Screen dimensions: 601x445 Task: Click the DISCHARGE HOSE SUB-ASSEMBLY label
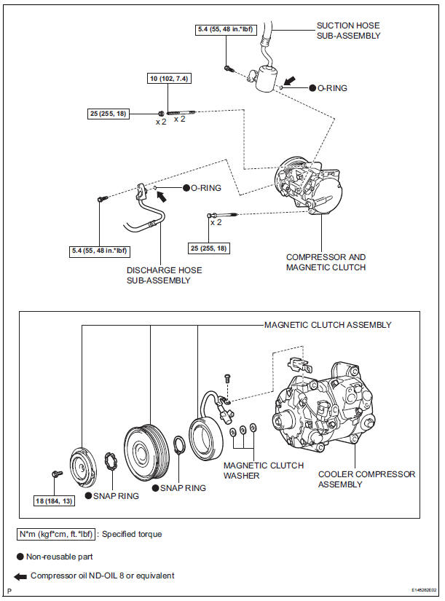pos(164,275)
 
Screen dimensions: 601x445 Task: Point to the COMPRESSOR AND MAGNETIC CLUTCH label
pos(326,262)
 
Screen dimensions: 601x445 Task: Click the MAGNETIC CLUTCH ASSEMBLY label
pos(327,325)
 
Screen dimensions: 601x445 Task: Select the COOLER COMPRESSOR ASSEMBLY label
pos(366,479)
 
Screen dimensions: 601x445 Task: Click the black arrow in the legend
pos(22,576)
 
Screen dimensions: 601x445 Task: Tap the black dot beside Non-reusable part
pos(22,555)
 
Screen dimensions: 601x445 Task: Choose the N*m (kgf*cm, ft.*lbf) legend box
pos(56,534)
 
